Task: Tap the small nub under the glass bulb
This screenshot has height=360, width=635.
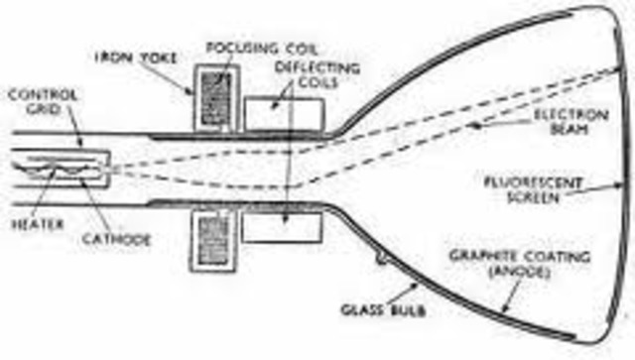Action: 382,259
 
